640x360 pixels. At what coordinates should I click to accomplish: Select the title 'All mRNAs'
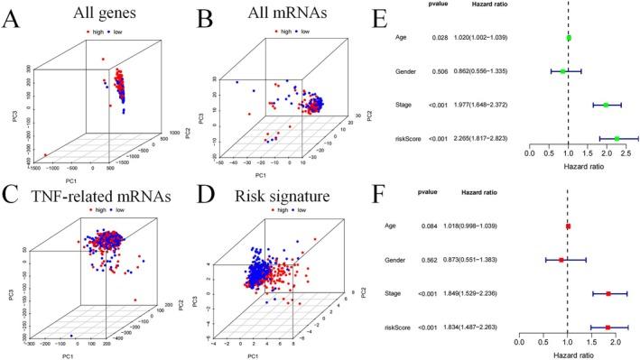pos(282,14)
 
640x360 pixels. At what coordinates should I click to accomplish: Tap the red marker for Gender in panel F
pos(561,260)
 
